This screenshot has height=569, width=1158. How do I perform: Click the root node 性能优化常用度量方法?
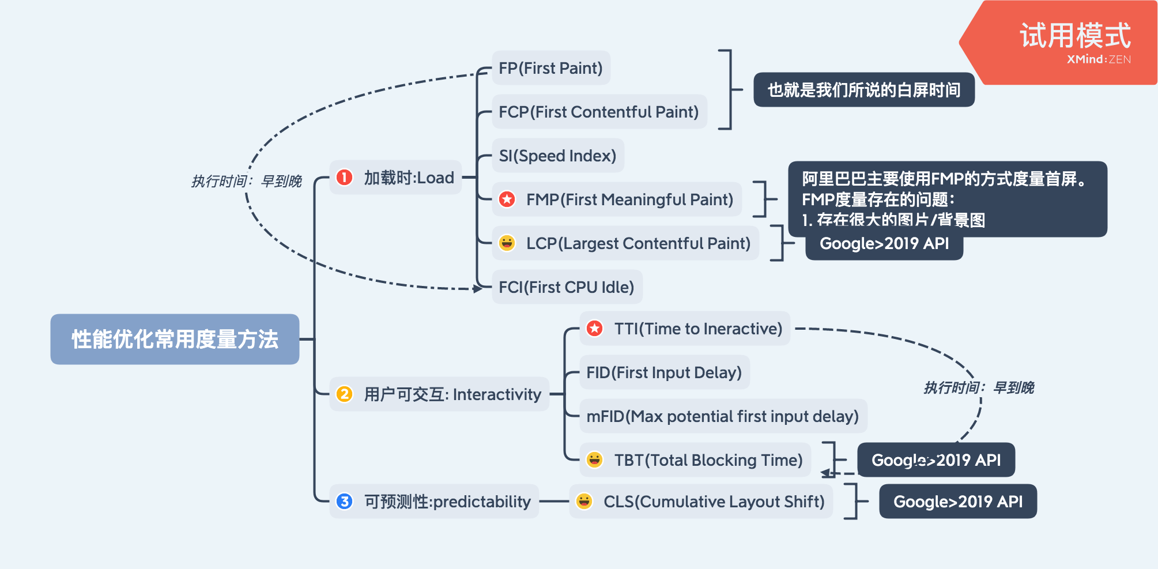coord(175,339)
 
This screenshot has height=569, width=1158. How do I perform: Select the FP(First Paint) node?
coord(551,68)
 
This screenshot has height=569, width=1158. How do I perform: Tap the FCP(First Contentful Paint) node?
coord(599,112)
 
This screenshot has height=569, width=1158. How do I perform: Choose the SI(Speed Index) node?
coord(558,156)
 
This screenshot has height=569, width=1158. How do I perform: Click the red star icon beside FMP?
coord(507,199)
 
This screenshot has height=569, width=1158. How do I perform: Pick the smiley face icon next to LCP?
coord(507,243)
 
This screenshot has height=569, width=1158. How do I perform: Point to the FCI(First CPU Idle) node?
coord(567,287)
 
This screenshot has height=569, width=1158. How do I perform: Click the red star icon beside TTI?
coord(595,329)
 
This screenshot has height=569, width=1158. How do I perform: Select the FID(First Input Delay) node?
coord(665,372)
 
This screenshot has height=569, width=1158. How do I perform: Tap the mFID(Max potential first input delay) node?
coord(723,416)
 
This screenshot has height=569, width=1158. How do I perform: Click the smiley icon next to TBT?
coord(595,460)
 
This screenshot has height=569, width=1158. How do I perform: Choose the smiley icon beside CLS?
coord(584,502)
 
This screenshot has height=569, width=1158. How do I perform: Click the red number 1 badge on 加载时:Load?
coord(345,178)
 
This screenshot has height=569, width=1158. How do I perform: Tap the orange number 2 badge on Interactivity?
coord(345,394)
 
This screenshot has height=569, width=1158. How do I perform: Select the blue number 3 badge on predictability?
coord(345,502)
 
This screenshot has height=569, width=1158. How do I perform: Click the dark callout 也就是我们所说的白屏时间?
coord(864,90)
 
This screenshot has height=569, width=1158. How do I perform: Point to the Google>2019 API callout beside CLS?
coord(958,502)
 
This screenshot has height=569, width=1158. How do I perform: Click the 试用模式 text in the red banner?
coord(1076,36)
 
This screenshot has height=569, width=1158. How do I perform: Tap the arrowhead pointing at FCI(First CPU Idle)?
coord(478,288)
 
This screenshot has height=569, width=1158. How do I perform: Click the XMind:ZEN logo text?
coord(1099,59)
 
